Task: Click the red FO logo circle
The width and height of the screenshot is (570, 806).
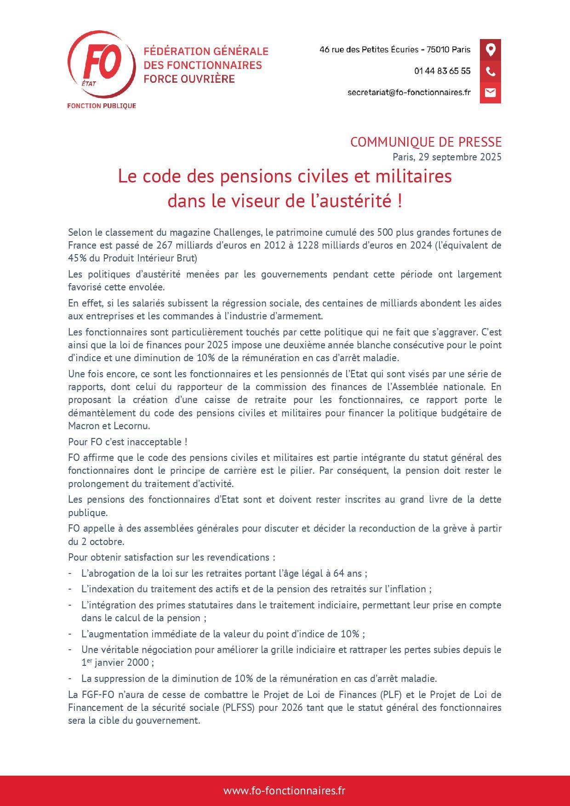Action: pyautogui.click(x=101, y=64)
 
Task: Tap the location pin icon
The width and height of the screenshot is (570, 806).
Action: pyautogui.click(x=490, y=50)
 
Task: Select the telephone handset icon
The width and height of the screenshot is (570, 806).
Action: pyautogui.click(x=490, y=71)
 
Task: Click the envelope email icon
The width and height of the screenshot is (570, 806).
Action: pyautogui.click(x=490, y=92)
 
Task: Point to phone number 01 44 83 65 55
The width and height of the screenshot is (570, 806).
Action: pyautogui.click(x=442, y=71)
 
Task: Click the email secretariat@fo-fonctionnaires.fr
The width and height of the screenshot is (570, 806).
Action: pyautogui.click(x=409, y=92)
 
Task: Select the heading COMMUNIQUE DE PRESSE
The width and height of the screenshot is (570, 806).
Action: pyautogui.click(x=426, y=142)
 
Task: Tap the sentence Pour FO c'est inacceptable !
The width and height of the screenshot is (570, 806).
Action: pyautogui.click(x=127, y=442)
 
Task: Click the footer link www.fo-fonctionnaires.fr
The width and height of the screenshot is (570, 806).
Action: pyautogui.click(x=285, y=791)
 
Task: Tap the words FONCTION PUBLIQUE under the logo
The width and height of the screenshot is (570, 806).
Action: pyautogui.click(x=102, y=106)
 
